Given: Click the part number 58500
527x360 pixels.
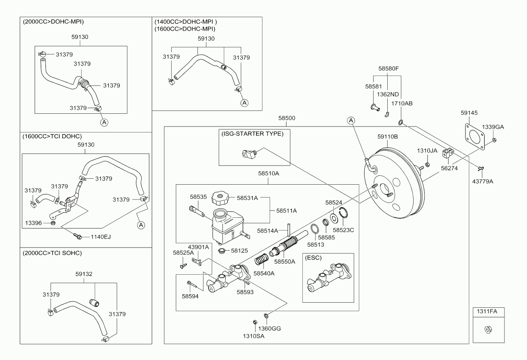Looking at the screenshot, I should (287, 118).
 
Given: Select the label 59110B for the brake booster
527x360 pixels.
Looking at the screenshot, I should (387, 137).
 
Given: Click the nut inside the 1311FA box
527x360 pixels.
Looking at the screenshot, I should (488, 329).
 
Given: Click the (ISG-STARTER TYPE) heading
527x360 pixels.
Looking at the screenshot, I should (252, 133).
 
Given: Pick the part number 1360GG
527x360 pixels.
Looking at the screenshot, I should (272, 328).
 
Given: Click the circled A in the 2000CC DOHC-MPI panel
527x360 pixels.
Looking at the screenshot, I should (104, 122).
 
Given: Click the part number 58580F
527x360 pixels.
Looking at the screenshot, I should (389, 68).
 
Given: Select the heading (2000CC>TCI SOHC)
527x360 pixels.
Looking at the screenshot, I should (52, 253).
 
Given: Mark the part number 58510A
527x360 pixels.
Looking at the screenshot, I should (268, 173).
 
